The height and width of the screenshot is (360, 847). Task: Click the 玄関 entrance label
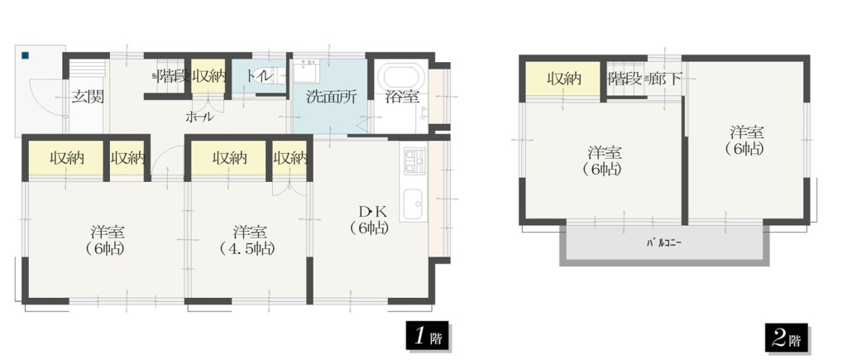(88, 98)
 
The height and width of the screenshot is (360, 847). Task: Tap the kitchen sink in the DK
(414, 204)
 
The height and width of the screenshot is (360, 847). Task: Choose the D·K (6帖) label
(369, 219)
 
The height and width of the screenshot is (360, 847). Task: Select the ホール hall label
(199, 118)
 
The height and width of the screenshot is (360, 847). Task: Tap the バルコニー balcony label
(664, 242)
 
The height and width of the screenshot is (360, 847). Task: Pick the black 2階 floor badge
(786, 338)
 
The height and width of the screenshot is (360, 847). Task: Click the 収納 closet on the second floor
(563, 79)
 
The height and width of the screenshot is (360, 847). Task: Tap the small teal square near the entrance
(25, 55)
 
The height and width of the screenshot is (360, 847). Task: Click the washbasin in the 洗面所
(308, 70)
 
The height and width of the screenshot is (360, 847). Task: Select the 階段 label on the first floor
(174, 76)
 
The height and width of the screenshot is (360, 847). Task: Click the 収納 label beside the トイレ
(208, 76)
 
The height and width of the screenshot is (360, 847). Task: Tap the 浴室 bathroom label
(403, 98)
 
